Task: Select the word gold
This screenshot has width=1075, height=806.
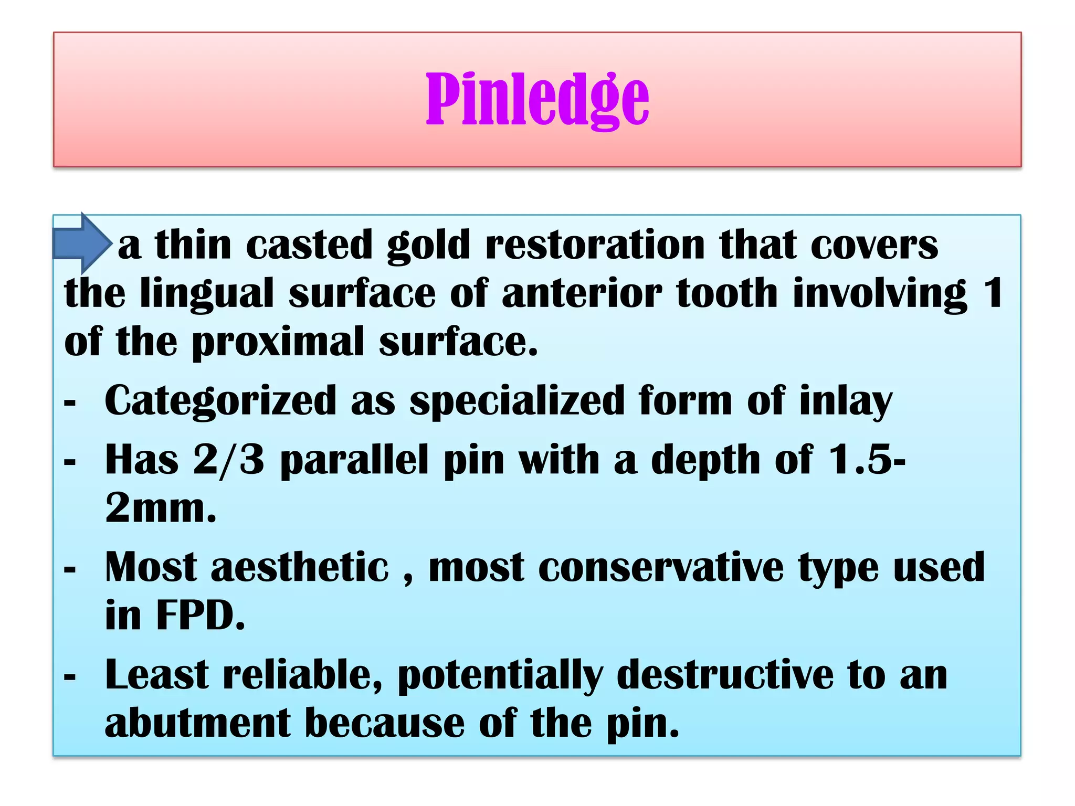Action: [x=428, y=246]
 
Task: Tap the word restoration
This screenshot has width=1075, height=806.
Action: [x=595, y=245]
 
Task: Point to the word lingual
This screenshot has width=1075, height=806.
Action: [x=207, y=294]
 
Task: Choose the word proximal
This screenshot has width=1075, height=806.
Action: [x=278, y=342]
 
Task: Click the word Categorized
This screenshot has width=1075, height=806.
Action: [x=220, y=401]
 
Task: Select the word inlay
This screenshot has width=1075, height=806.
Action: [x=845, y=401]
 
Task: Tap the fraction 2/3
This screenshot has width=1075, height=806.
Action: [x=228, y=460]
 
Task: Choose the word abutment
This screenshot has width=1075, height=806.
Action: [x=197, y=723]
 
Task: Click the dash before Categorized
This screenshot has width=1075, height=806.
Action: [x=70, y=402]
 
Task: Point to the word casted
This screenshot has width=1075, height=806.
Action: [x=309, y=245]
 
